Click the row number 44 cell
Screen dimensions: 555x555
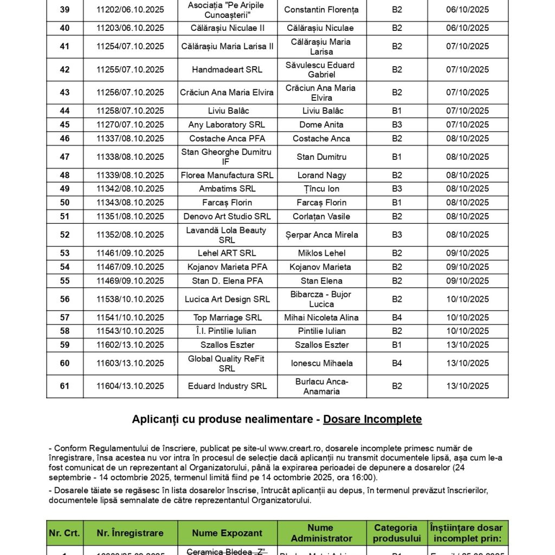coord(64,111)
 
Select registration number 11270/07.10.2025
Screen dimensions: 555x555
coord(130,125)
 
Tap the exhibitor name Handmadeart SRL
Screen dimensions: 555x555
coord(227,69)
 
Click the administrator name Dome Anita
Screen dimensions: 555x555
coord(321,125)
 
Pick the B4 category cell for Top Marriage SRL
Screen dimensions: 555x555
coord(397,318)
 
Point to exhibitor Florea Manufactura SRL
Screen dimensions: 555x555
coord(227,175)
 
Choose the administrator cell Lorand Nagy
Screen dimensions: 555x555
coord(321,175)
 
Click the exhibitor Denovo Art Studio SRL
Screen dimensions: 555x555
coord(227,216)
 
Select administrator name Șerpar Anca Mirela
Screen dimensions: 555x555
coord(321,235)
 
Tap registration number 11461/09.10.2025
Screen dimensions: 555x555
coord(130,253)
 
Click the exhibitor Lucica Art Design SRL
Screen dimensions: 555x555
coord(227,299)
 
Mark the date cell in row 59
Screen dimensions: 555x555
coord(467,345)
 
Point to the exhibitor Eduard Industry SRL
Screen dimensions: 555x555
coord(227,386)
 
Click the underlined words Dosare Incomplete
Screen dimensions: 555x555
coord(372,420)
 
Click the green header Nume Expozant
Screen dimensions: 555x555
coord(227,533)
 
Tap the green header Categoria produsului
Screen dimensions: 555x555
coord(397,533)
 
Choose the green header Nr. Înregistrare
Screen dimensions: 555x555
coord(130,533)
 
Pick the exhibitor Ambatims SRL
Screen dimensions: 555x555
coord(227,189)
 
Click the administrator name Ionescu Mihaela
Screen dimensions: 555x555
coord(321,363)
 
